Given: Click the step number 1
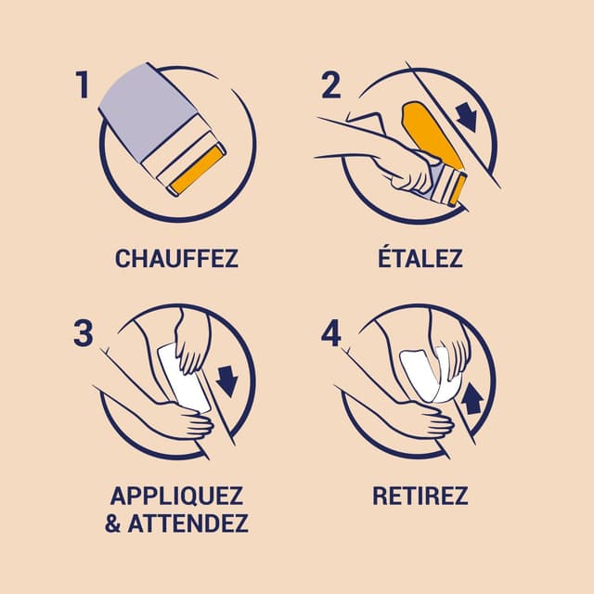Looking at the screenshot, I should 83,85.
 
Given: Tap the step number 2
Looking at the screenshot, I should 331,85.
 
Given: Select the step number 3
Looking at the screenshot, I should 84,332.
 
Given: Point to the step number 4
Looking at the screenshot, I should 331,332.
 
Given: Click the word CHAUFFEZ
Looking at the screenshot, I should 176,258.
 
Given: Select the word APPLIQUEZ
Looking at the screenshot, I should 176,495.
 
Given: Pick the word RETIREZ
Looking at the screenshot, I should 420,495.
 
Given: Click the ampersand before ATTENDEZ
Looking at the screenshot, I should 113,523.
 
